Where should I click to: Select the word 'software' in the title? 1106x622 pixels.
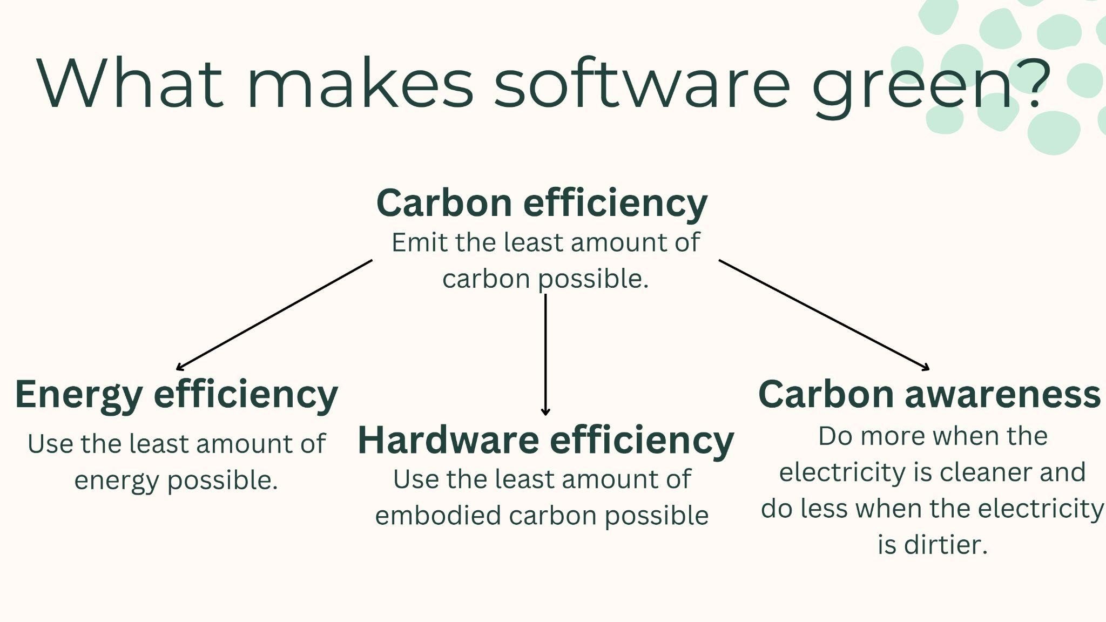click(642, 82)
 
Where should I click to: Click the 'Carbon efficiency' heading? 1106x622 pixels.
click(542, 204)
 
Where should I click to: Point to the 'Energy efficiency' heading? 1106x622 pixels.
click(177, 395)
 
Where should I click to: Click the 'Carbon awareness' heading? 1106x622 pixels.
click(929, 394)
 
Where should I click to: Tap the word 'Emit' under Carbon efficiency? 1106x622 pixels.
click(420, 242)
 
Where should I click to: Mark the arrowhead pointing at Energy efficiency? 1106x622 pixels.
click(180, 368)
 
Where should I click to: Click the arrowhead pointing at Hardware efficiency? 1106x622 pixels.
click(545, 412)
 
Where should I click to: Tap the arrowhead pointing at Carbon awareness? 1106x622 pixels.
click(926, 368)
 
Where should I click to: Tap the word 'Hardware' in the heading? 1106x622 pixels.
click(448, 440)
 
